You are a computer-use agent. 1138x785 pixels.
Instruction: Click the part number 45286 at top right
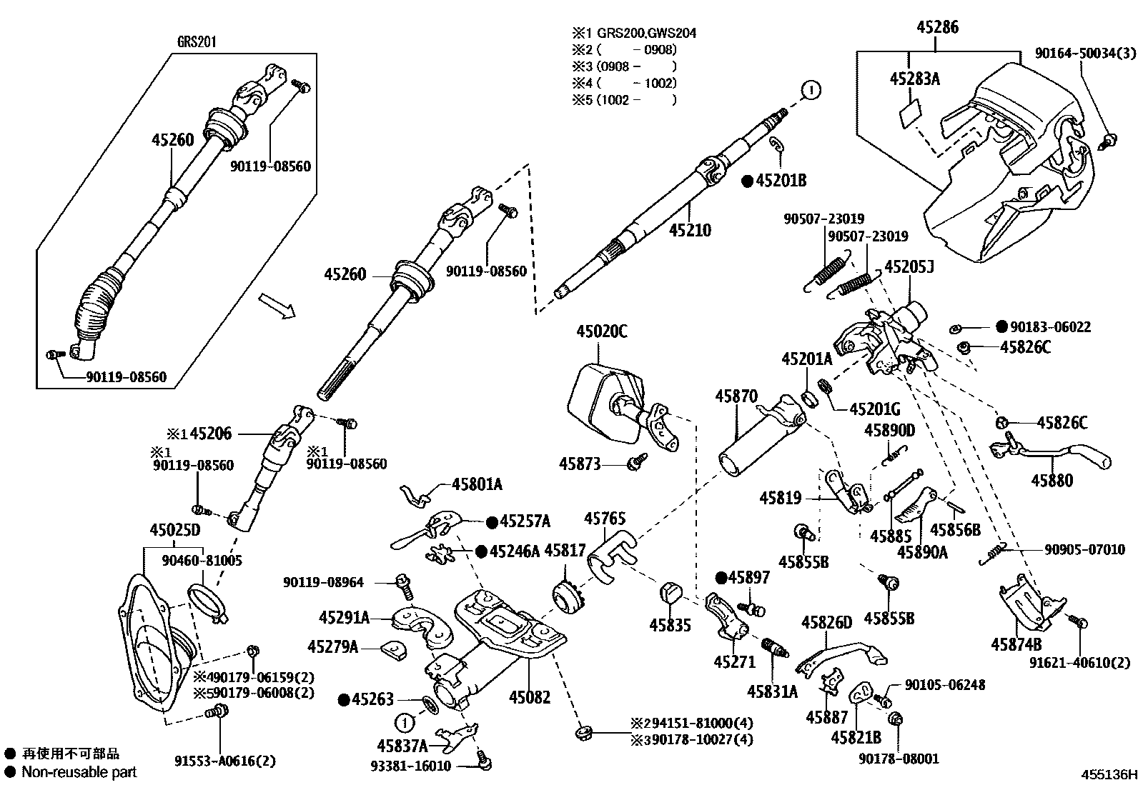(x=937, y=28)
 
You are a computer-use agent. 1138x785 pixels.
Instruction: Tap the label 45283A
(x=914, y=79)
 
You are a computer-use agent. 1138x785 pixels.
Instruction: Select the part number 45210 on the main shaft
(x=690, y=230)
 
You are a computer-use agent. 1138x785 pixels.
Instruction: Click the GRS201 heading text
(x=197, y=42)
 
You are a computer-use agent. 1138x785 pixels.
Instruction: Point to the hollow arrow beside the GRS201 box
(x=276, y=305)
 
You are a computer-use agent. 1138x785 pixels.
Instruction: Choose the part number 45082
(x=530, y=696)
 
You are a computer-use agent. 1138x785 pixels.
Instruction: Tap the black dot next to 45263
(x=344, y=699)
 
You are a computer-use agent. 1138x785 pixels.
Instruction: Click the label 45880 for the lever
(x=1052, y=481)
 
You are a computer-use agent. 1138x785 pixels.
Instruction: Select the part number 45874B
(x=1016, y=644)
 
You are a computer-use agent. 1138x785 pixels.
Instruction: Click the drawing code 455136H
(x=1107, y=774)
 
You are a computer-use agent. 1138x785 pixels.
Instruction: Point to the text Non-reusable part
(x=79, y=771)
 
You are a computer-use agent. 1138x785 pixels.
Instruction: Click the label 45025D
(x=174, y=530)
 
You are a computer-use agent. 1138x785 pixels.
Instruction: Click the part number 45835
(x=670, y=625)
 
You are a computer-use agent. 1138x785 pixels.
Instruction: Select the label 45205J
(x=909, y=266)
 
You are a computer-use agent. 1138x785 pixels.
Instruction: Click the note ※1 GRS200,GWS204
(x=633, y=33)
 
